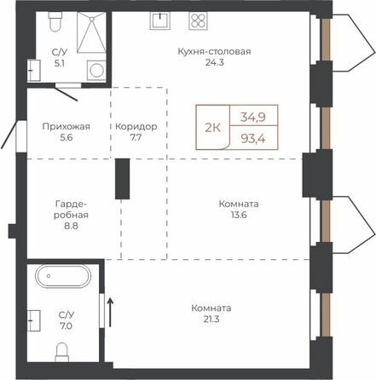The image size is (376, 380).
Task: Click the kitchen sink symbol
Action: (160, 20)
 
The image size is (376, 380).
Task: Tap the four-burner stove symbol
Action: (198, 20)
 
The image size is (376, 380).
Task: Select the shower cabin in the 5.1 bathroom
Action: (91, 32)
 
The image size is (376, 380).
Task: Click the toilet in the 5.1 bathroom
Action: (55, 21)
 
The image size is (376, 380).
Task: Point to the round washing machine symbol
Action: (96, 70)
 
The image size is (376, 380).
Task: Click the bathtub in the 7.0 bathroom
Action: (63, 276)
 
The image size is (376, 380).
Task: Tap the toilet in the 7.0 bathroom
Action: (62, 352)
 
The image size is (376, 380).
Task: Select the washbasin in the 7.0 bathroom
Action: (34, 320)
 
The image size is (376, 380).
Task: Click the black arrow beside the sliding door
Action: (110, 312)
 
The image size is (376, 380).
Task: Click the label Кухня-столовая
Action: (214, 52)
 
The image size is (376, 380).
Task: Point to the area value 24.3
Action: (215, 62)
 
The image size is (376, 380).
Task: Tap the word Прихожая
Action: (67, 126)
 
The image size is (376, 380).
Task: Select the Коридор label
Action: (136, 126)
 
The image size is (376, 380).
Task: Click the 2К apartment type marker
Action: (213, 129)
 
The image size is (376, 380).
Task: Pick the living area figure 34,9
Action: (253, 117)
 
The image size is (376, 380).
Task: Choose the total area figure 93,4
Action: (253, 139)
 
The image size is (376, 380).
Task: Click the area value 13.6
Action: (239, 215)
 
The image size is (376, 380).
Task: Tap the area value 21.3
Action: (211, 320)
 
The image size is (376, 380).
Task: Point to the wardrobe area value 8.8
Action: (71, 226)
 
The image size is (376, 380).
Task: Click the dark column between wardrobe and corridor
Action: (123, 179)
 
